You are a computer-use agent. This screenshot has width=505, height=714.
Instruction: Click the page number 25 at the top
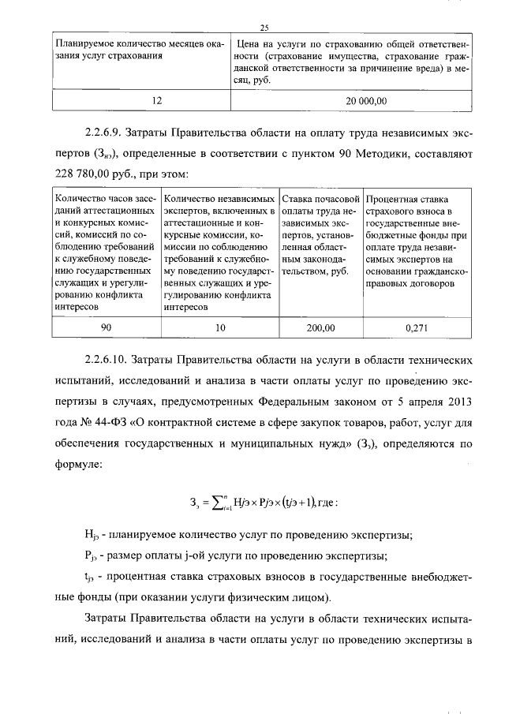point(253,27)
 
